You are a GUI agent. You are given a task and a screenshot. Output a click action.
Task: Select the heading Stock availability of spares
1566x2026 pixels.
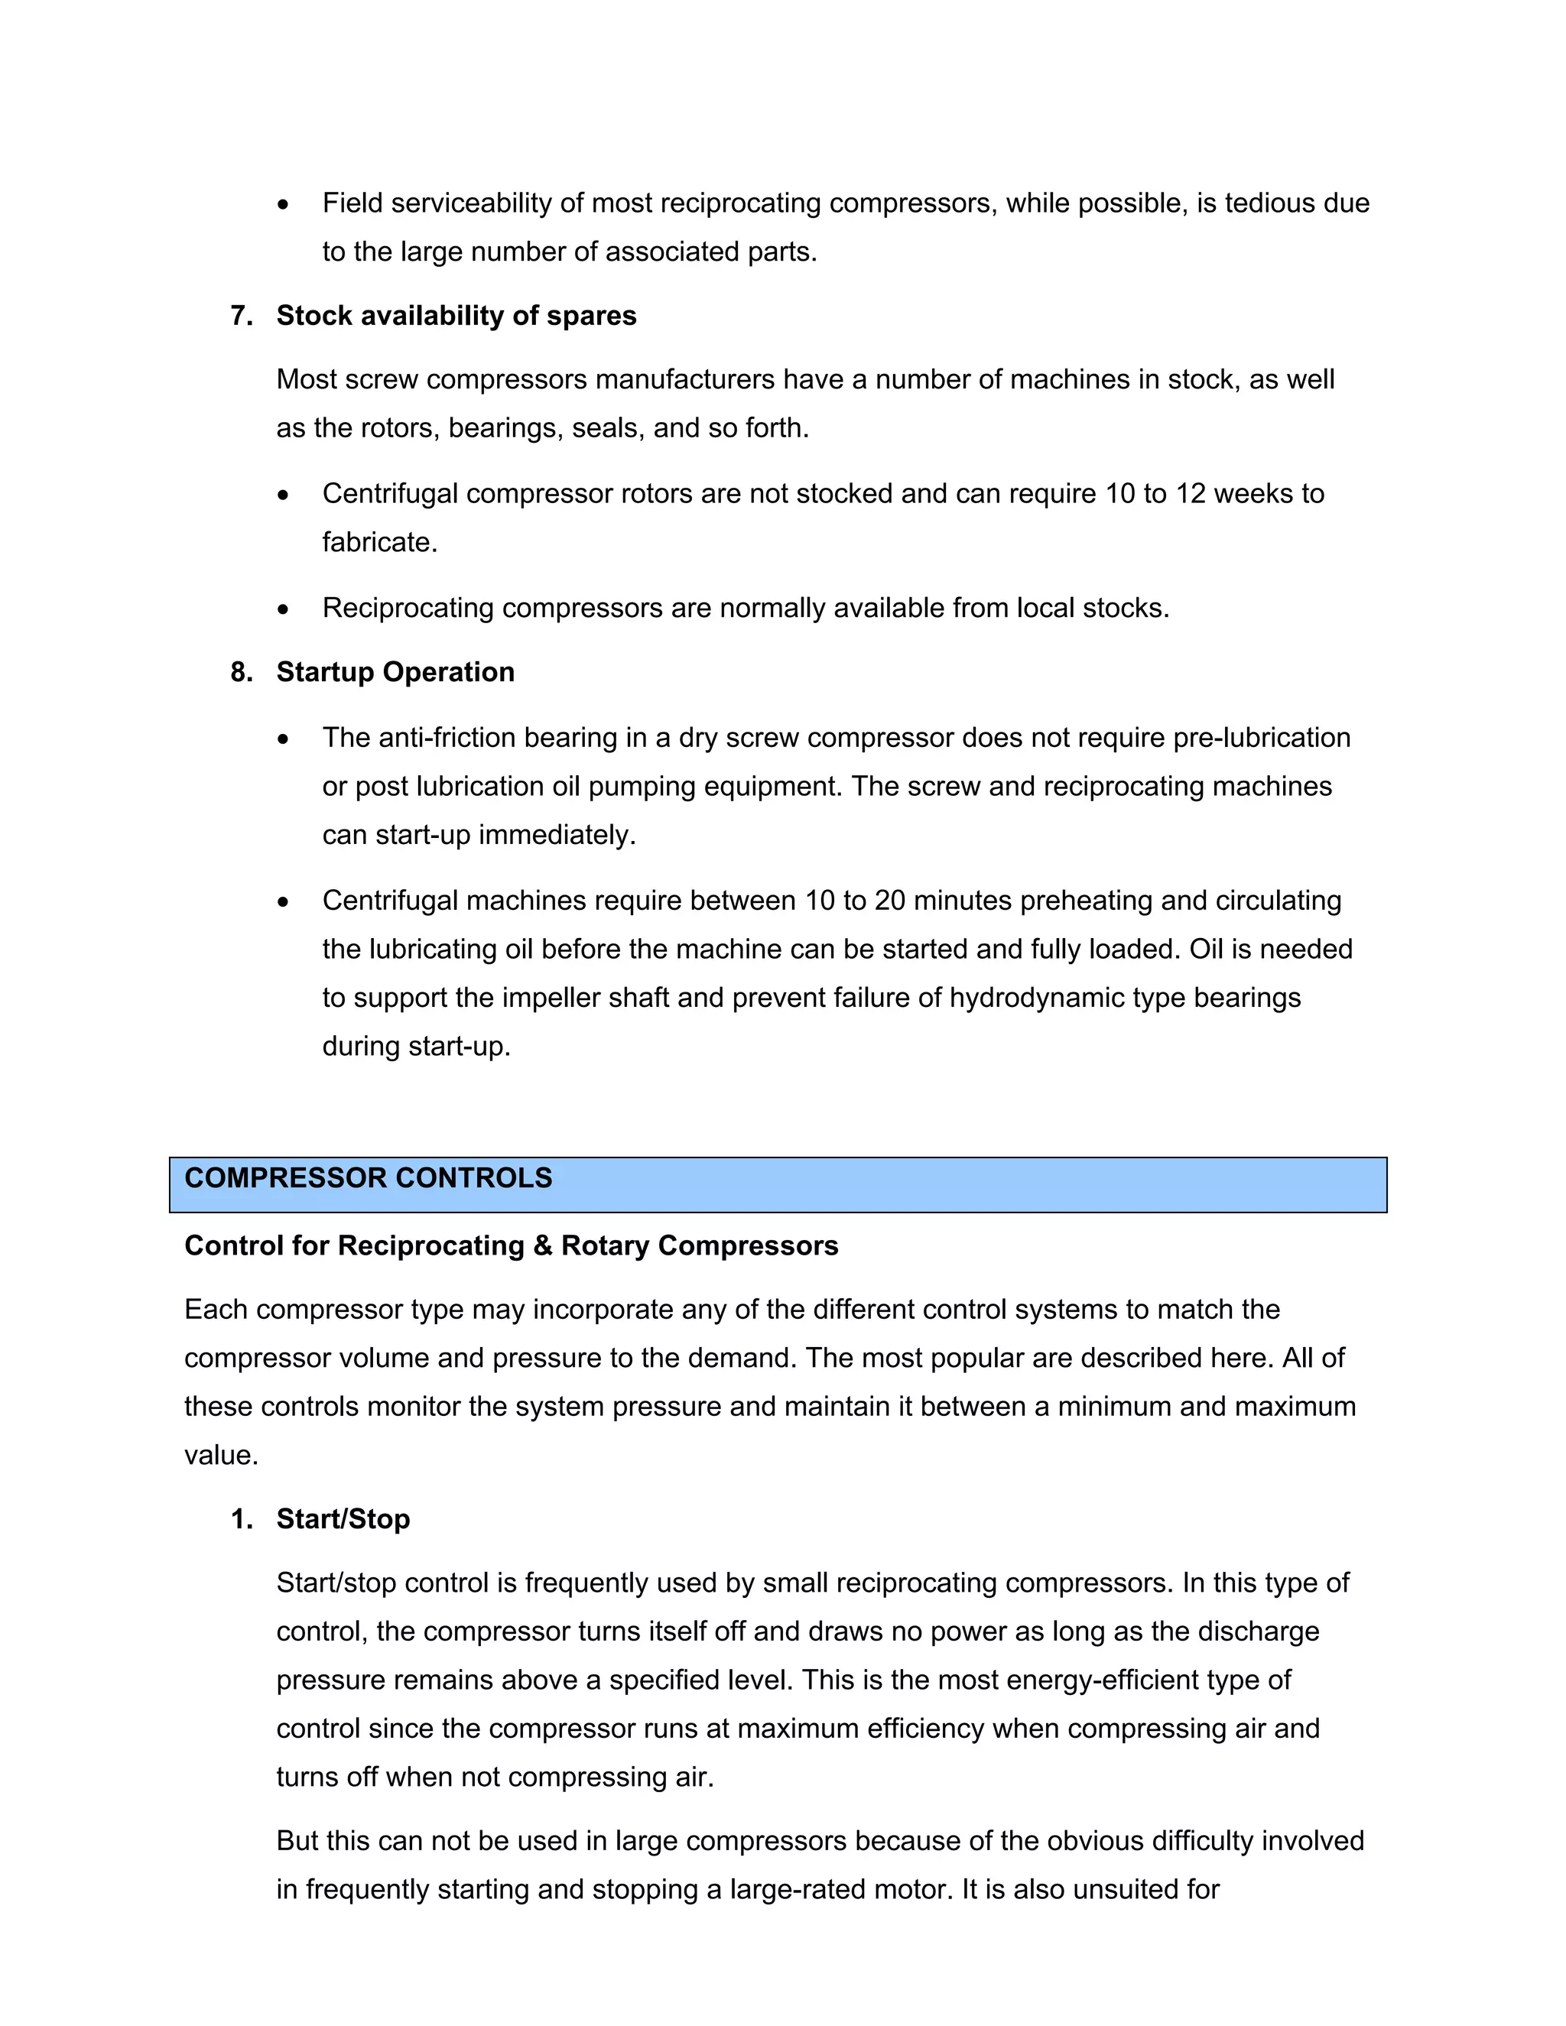pos(456,316)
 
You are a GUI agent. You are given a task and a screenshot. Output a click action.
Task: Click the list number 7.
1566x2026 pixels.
pos(241,316)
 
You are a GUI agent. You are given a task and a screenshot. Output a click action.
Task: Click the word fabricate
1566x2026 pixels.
pos(379,542)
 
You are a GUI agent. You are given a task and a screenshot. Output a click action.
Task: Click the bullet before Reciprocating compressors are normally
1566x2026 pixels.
pos(283,609)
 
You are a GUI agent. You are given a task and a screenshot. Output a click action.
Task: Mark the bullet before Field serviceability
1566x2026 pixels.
pos(283,205)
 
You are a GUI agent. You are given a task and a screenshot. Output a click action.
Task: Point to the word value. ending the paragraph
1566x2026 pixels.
pos(221,1455)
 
